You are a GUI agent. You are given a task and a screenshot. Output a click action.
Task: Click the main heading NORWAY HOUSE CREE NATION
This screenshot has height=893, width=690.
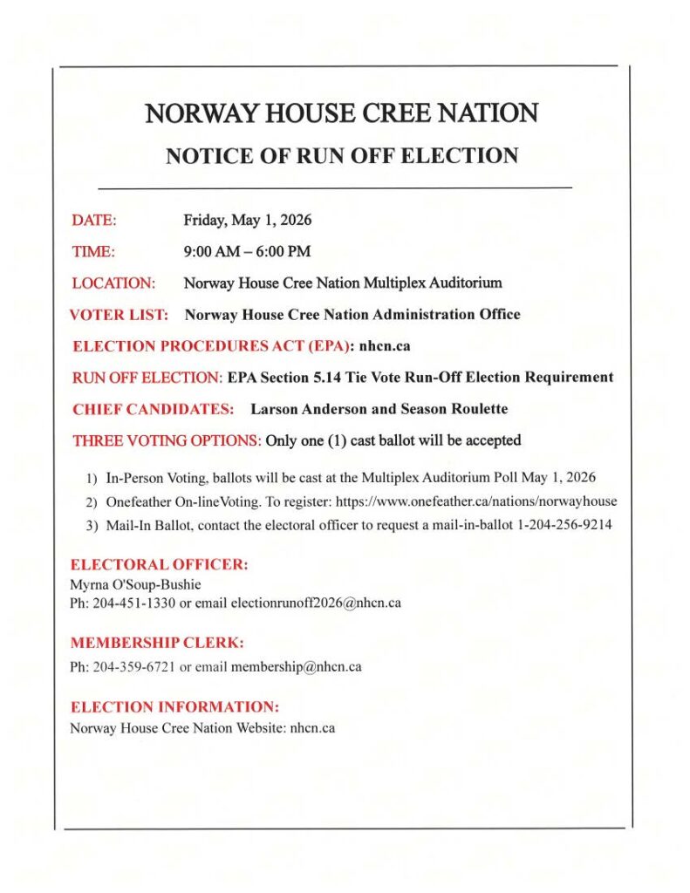(341, 112)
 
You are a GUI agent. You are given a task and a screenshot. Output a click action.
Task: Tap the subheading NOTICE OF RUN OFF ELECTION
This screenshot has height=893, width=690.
(342, 156)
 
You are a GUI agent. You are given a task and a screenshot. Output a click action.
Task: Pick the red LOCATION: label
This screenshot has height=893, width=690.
(113, 283)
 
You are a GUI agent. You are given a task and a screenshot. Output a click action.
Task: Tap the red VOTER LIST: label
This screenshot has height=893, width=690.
(119, 314)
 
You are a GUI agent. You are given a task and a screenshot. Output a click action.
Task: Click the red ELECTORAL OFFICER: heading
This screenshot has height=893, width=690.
(160, 565)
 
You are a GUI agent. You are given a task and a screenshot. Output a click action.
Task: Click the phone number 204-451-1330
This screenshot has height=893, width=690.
(131, 603)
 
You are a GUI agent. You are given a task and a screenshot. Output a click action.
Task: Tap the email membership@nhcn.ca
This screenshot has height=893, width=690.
(296, 667)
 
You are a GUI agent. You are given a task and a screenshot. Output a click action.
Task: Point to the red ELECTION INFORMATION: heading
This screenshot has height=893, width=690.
(174, 706)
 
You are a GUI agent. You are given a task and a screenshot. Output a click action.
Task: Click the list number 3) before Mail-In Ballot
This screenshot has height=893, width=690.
(92, 525)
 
